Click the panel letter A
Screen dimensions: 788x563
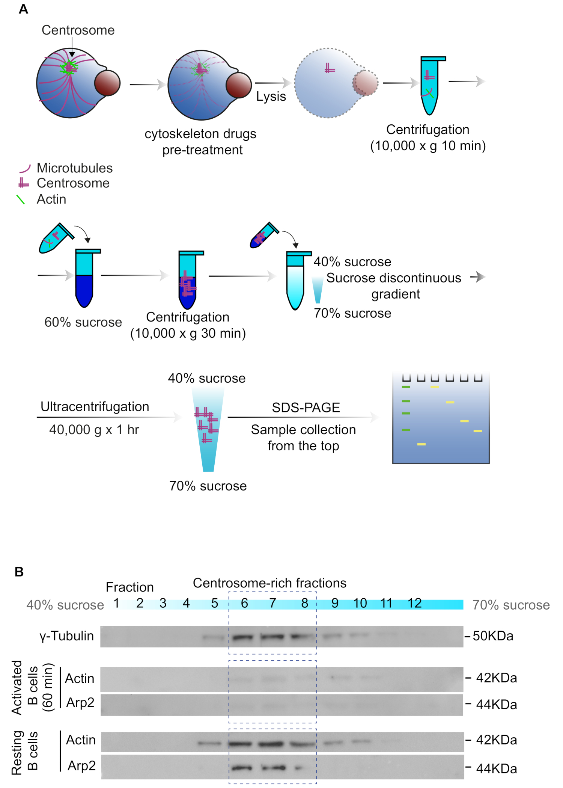click(23, 9)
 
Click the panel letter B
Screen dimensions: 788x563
click(19, 572)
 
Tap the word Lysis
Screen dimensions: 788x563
click(271, 97)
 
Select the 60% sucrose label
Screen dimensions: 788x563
click(83, 322)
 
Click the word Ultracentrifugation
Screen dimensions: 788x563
click(95, 406)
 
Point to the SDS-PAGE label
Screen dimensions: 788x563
click(306, 408)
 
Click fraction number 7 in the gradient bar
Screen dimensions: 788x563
click(273, 603)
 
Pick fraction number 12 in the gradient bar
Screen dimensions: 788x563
click(415, 603)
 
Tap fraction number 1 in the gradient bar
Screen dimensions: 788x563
click(116, 603)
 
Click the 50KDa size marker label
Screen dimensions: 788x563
click(493, 636)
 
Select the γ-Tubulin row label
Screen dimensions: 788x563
click(66, 636)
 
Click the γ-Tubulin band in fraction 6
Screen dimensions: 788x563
click(242, 637)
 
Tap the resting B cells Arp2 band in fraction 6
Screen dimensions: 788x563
click(241, 768)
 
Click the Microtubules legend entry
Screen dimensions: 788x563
click(74, 168)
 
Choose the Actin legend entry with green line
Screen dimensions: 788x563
click(51, 199)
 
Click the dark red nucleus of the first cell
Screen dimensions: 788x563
click(107, 83)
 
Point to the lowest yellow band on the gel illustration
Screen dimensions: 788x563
click(421, 444)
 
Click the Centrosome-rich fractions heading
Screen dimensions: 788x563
click(269, 583)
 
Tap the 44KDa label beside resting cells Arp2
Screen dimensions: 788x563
click(496, 769)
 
